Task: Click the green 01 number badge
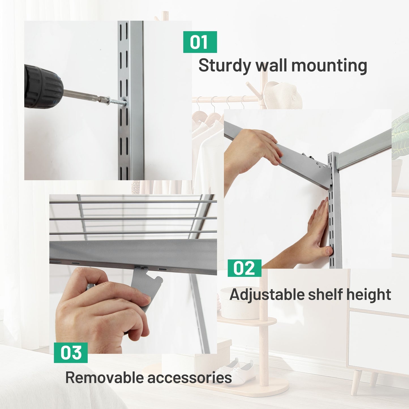click(x=200, y=42)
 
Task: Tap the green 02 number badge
click(x=245, y=268)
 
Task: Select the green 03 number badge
click(x=71, y=352)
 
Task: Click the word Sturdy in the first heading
click(x=224, y=66)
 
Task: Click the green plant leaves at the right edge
click(x=400, y=136)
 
